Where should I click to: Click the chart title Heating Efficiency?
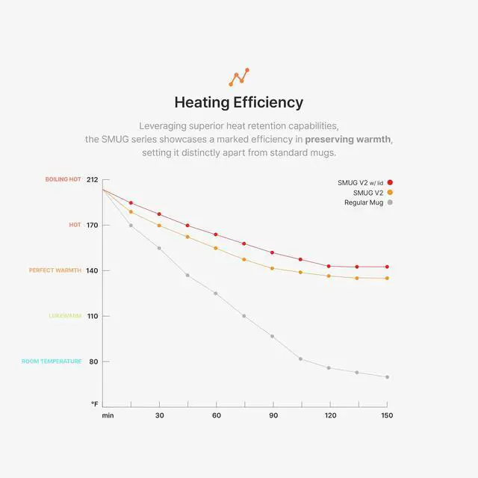coord(238,102)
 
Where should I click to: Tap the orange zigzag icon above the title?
coord(238,77)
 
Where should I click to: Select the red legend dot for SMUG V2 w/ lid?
coord(390,182)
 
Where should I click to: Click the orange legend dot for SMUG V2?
coord(390,193)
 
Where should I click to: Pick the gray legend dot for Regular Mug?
coord(390,202)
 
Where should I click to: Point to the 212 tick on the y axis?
coord(93,179)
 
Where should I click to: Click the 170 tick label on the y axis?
coord(93,225)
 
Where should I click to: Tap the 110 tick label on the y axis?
coord(93,316)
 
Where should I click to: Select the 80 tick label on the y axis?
coord(94,361)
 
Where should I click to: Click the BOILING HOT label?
coord(63,179)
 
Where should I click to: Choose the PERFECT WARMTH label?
coord(55,270)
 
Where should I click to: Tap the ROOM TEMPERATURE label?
coord(52,361)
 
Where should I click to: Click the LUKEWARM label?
coord(65,316)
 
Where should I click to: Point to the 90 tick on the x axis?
coord(273,415)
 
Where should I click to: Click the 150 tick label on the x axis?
coord(387,415)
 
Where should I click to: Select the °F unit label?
coord(95,404)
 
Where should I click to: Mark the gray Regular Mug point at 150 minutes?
coord(387,377)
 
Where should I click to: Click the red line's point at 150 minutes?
coord(387,267)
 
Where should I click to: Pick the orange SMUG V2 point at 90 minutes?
coord(273,268)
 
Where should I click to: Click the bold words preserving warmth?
coord(348,140)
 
